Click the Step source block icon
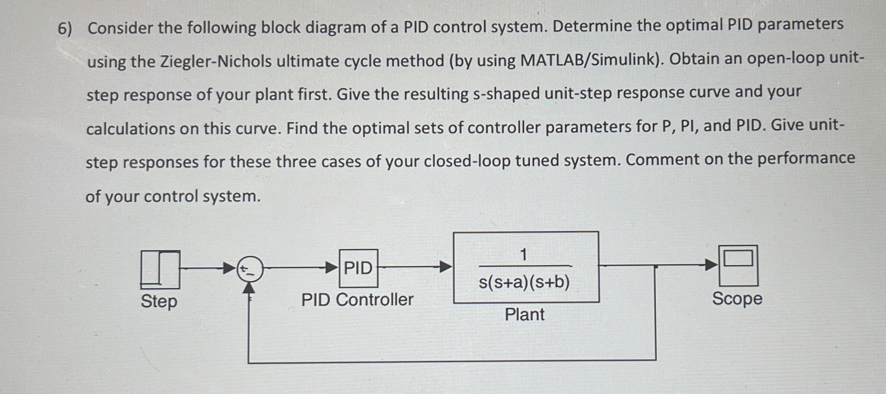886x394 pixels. (x=160, y=269)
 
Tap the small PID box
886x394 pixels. (x=358, y=268)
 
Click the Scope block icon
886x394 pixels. (x=738, y=265)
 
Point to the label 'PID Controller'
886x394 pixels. (x=357, y=300)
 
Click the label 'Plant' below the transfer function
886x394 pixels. (x=524, y=315)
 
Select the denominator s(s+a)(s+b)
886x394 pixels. (x=524, y=283)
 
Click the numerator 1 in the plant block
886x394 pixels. (x=523, y=255)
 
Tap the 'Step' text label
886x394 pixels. (x=159, y=301)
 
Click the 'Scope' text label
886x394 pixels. (x=737, y=299)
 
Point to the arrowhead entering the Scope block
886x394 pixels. (x=711, y=265)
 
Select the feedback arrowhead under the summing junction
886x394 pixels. (x=249, y=288)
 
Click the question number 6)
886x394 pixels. (x=66, y=29)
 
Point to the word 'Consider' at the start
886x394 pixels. (x=119, y=28)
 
